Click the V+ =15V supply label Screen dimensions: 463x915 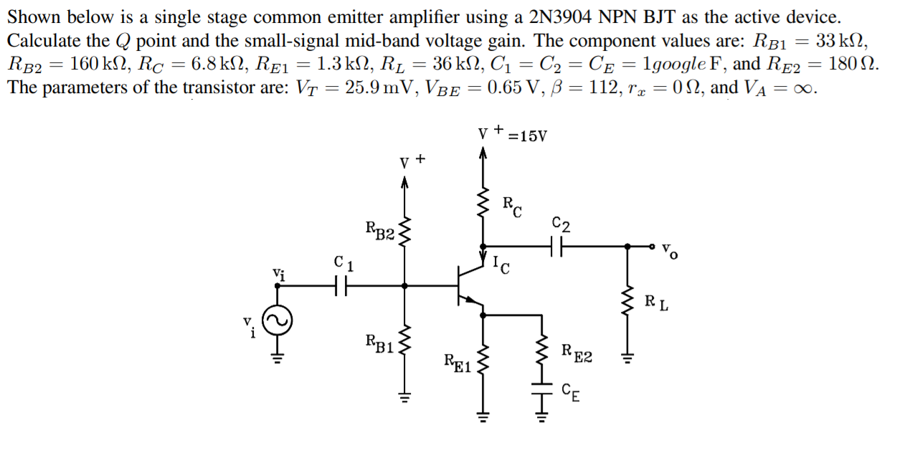point(512,135)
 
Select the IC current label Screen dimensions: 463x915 point(502,265)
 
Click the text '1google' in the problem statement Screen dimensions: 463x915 point(668,64)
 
